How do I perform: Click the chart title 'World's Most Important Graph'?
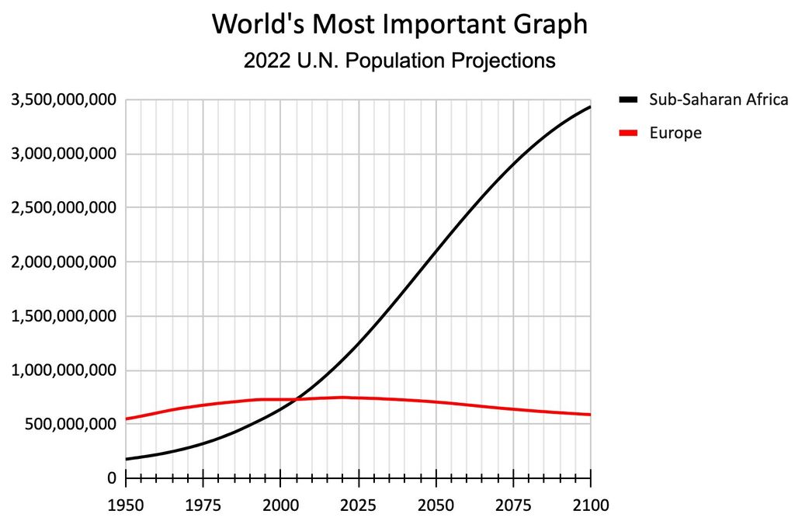400,24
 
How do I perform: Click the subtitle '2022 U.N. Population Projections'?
400,61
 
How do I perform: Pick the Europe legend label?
675,133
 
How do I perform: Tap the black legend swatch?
628,99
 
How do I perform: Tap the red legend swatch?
628,133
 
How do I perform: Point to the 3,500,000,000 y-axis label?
63,100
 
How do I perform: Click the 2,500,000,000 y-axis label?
63,208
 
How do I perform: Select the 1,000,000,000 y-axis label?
63,370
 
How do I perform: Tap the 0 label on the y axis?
111,478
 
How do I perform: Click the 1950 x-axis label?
126,505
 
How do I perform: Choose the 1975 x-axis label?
203,505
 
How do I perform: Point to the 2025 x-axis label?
358,505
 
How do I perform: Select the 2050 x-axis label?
436,505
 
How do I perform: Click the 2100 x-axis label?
590,505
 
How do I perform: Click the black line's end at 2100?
590,106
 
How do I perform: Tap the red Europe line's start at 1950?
127,419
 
